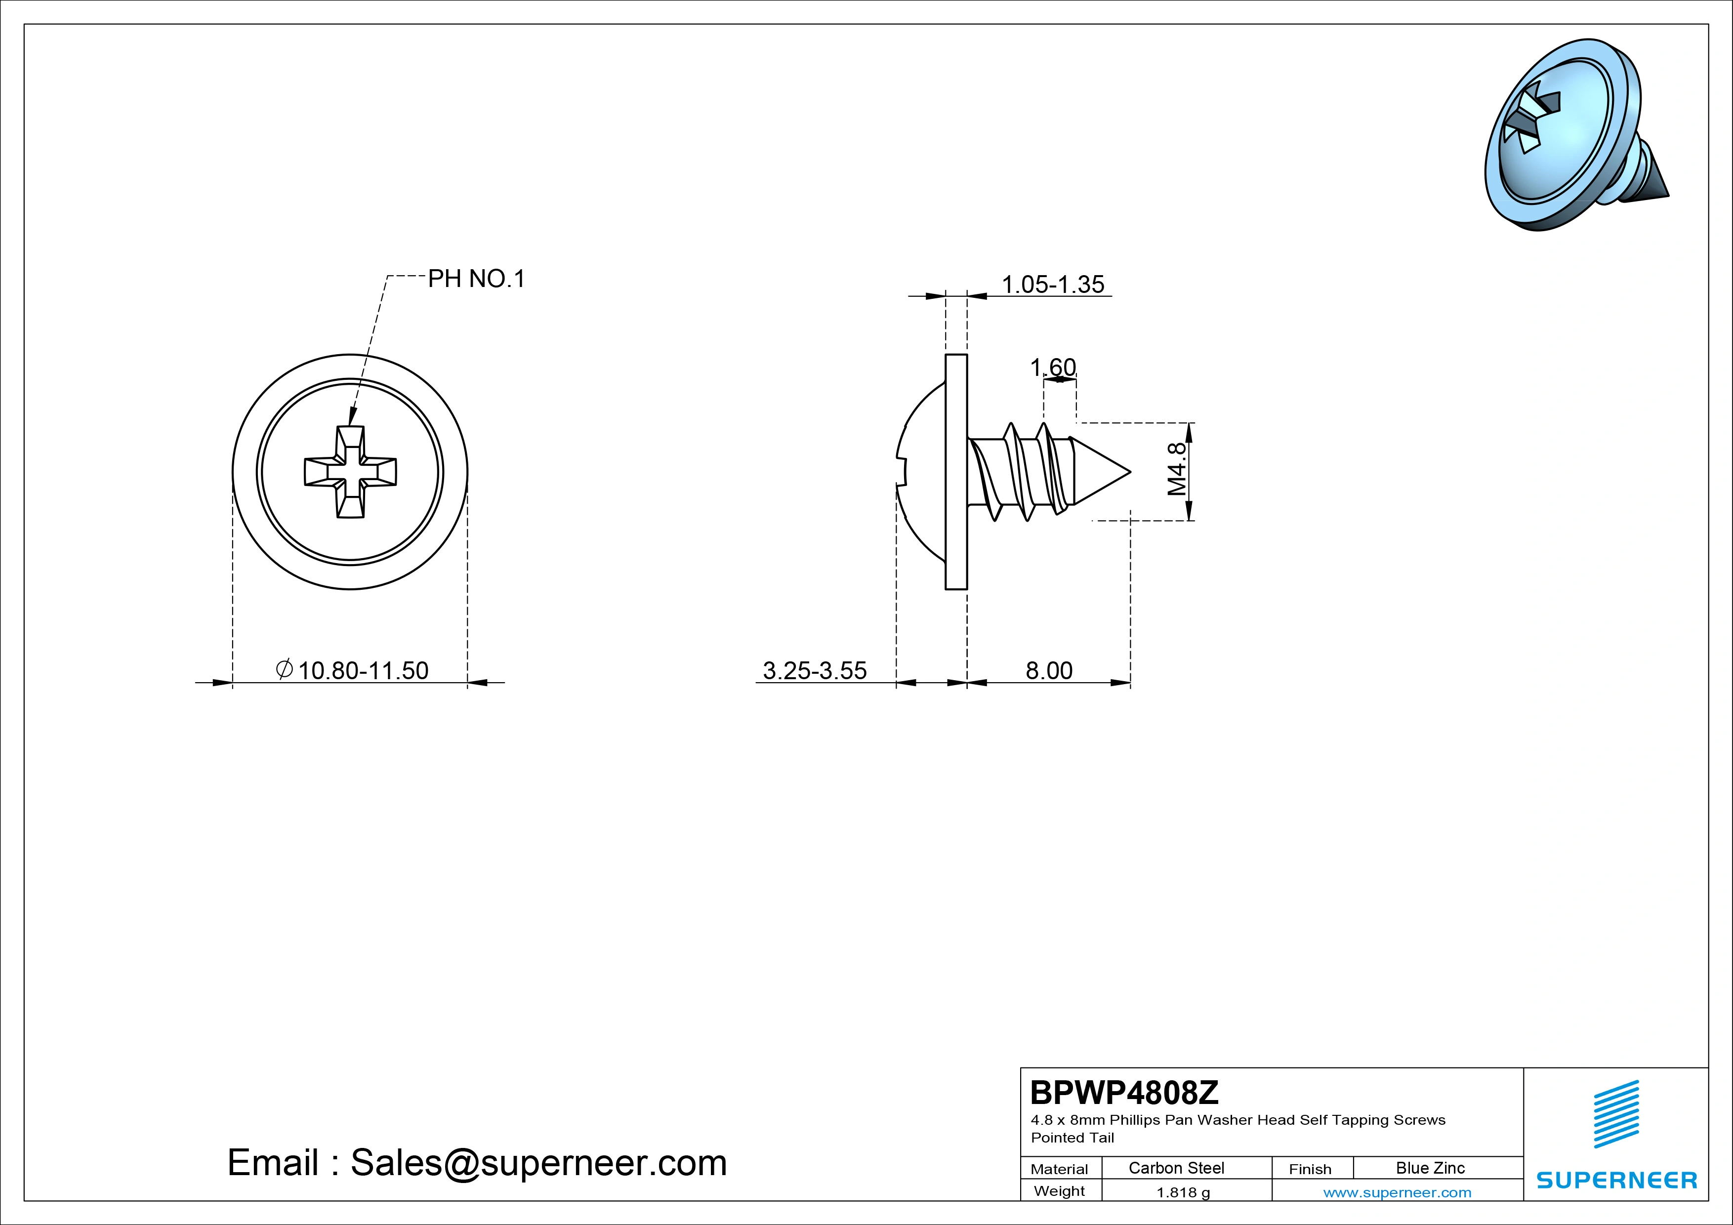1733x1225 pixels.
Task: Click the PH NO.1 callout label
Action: [x=476, y=279]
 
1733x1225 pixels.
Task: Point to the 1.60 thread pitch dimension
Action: [x=1053, y=367]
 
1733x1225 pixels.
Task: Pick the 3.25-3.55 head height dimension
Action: [x=815, y=670]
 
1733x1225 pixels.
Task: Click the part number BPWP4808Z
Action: [x=1124, y=1092]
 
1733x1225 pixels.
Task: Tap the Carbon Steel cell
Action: [x=1176, y=1168]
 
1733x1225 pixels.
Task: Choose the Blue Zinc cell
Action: [x=1430, y=1168]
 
